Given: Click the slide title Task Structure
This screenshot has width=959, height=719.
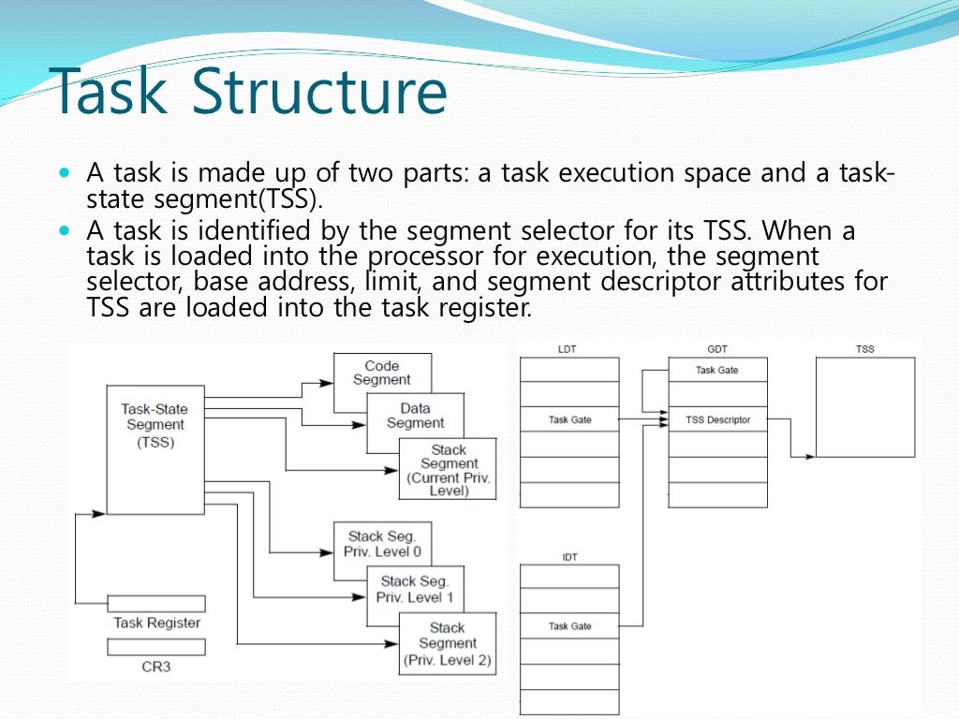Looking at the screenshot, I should pos(250,94).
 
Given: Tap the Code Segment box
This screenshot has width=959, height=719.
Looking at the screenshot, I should pos(382,373).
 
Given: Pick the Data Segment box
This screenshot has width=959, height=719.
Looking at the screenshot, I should pos(415,415).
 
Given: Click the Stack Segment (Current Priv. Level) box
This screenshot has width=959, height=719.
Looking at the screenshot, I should pos(449,470).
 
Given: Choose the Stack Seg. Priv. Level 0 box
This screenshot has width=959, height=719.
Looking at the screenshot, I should pos(382,544).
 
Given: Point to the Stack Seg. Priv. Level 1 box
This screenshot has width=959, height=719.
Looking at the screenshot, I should pos(415,590).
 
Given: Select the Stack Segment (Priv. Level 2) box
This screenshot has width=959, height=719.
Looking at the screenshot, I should pos(448,644).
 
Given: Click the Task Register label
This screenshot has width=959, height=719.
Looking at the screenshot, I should pos(156,623).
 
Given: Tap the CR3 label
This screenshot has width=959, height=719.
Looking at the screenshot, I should pos(156,668).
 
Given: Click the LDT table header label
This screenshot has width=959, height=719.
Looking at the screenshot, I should pos(568,349).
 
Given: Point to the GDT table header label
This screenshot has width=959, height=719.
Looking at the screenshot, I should pos(717,349).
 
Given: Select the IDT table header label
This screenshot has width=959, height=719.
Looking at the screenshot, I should pos(569,557).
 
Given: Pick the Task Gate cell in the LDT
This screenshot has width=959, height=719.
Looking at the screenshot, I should pos(569,419).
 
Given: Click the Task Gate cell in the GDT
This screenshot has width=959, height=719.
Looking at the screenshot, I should pos(717,370).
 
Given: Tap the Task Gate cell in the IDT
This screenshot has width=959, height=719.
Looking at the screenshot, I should pos(569,626).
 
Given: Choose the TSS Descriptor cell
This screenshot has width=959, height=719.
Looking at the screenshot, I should pos(717,419).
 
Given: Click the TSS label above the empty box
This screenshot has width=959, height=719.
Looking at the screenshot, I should pos(865,349).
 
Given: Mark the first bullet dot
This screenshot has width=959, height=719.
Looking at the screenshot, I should pos(64,174).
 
